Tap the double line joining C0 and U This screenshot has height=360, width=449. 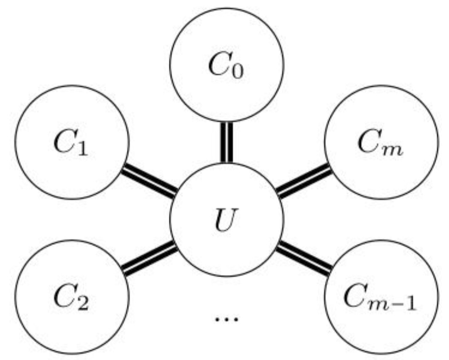pos(227,142)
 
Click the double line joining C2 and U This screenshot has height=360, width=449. pos(149,258)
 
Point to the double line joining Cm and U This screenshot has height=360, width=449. pos(304,181)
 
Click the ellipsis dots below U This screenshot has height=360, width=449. pos(227,319)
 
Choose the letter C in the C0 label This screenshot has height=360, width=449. pos(219,64)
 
